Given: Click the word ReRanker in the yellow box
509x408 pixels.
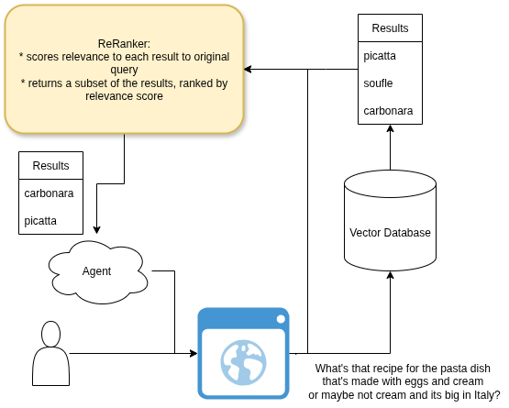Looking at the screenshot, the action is point(124,43).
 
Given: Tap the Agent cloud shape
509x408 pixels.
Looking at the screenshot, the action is point(98,272).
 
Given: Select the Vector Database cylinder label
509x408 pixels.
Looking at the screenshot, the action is point(390,233).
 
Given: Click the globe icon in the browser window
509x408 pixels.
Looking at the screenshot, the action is point(243,362).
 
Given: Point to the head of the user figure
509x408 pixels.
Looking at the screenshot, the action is point(51,334).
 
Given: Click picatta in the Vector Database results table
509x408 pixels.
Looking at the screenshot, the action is point(380,56).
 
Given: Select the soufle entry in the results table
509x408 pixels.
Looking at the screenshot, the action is point(378,83).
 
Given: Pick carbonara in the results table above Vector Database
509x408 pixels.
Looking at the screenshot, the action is point(388,111).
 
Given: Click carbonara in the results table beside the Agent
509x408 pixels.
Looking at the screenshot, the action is point(49,193).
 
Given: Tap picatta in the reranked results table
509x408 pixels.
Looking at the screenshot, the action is point(40,221).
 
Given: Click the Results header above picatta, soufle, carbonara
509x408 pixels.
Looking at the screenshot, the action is point(390,28).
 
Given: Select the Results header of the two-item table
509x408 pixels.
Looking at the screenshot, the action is point(50,166).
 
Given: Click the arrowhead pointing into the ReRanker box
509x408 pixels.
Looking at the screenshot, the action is point(248,69).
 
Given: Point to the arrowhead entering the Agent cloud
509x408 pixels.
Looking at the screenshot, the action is point(96,230).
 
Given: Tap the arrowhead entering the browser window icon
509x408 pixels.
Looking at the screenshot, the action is point(194,353).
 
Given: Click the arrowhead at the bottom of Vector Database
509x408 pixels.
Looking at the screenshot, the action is point(390,275).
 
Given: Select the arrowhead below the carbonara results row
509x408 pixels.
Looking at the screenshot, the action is point(390,128).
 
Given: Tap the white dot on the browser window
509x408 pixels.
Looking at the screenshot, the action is point(281,319).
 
